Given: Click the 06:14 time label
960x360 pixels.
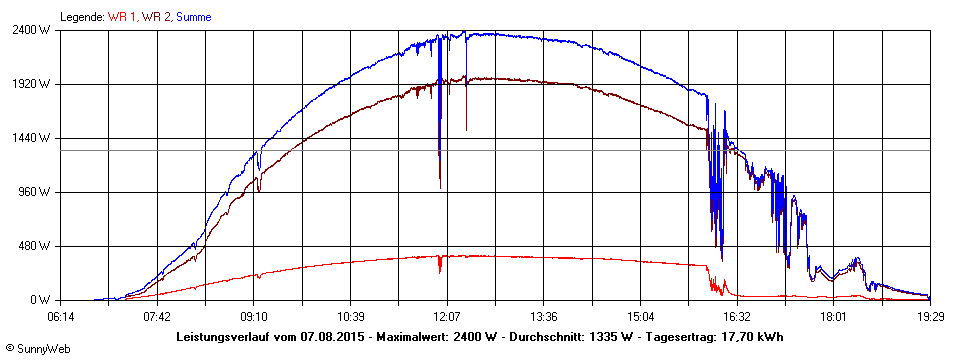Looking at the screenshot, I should [x=61, y=316].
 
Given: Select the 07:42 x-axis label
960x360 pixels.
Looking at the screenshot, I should [x=157, y=316].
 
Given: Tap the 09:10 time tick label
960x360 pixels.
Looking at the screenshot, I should [x=254, y=316].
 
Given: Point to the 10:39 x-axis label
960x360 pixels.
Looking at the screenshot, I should [x=350, y=316].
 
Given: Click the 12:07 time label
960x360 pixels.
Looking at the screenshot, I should [x=447, y=316].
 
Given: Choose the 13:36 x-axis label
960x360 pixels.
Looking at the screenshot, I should [x=543, y=316].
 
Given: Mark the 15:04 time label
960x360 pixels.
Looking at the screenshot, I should [x=640, y=316].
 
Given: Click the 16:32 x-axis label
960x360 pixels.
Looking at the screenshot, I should [x=736, y=316].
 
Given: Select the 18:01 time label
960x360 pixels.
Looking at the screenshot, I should [x=833, y=316].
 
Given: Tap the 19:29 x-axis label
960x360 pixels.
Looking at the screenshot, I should [x=929, y=316].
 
